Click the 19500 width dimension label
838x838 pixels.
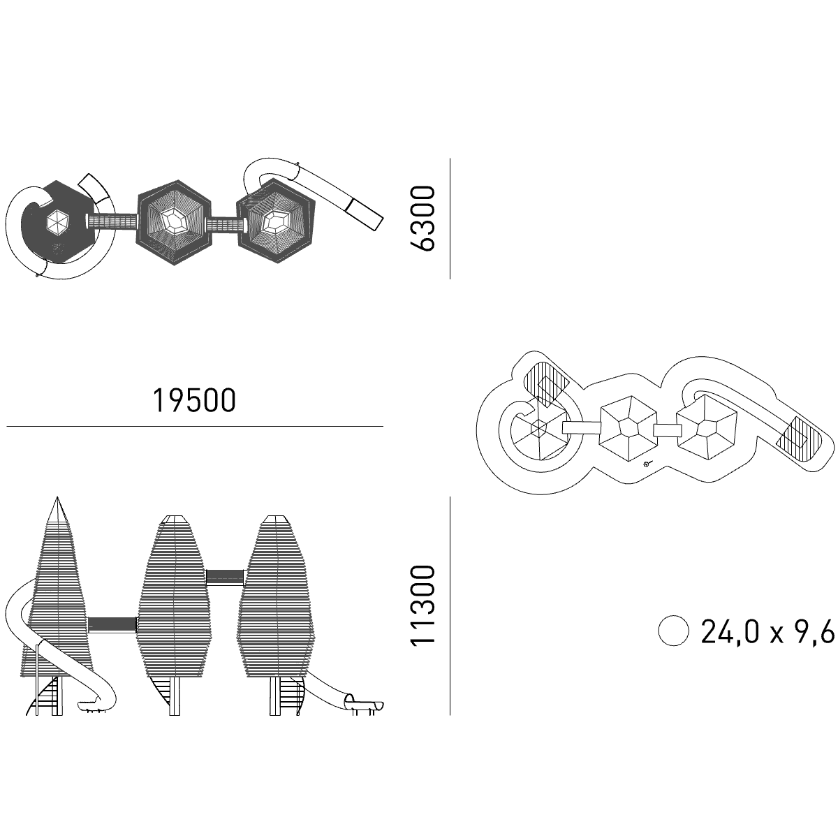194,401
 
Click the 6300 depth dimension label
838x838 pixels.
422,219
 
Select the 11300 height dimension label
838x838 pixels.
422,606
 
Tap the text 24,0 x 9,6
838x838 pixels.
767,631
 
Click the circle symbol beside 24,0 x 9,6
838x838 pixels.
674,631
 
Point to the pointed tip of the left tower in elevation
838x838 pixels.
57,497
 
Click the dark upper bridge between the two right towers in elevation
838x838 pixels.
224,577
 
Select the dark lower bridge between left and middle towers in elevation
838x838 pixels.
112,624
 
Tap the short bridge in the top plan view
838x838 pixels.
226,226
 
